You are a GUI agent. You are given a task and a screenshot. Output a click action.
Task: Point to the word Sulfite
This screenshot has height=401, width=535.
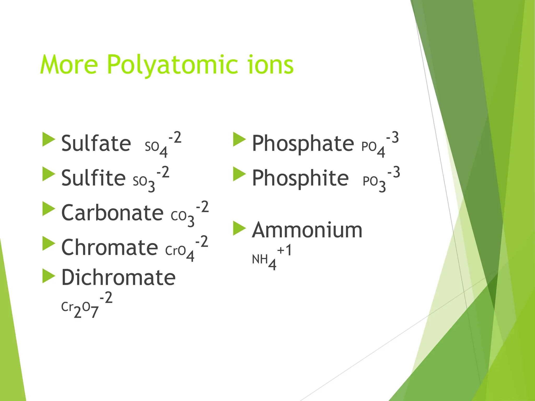point(93,178)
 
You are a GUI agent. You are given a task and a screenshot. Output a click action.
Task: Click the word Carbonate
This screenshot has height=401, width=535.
point(112,213)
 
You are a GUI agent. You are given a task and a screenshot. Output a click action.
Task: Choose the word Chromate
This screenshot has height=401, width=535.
point(109,247)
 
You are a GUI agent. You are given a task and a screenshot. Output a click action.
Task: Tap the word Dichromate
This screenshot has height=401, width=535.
point(118,277)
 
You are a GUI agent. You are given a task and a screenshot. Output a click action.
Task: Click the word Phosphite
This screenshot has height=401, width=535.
point(300,178)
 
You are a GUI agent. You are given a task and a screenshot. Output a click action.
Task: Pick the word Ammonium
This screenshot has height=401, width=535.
point(307,230)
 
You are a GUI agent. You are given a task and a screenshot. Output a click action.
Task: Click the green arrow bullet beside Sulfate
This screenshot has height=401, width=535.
point(49,139)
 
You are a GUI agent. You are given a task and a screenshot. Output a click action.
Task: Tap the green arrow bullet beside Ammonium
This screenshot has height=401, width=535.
point(239,228)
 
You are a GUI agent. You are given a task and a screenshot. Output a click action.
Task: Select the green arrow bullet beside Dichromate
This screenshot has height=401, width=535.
point(49,276)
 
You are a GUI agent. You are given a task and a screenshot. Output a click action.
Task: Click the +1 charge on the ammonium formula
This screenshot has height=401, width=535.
point(284,250)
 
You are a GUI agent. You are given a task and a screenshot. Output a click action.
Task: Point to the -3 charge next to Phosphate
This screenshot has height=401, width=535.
point(392,137)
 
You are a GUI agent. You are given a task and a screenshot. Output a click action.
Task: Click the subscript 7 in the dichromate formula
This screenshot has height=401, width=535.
point(95,312)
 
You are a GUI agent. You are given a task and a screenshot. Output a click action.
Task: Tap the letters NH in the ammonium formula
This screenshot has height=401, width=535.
point(260,259)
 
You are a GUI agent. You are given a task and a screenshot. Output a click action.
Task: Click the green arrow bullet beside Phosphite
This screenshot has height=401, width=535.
point(239,174)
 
